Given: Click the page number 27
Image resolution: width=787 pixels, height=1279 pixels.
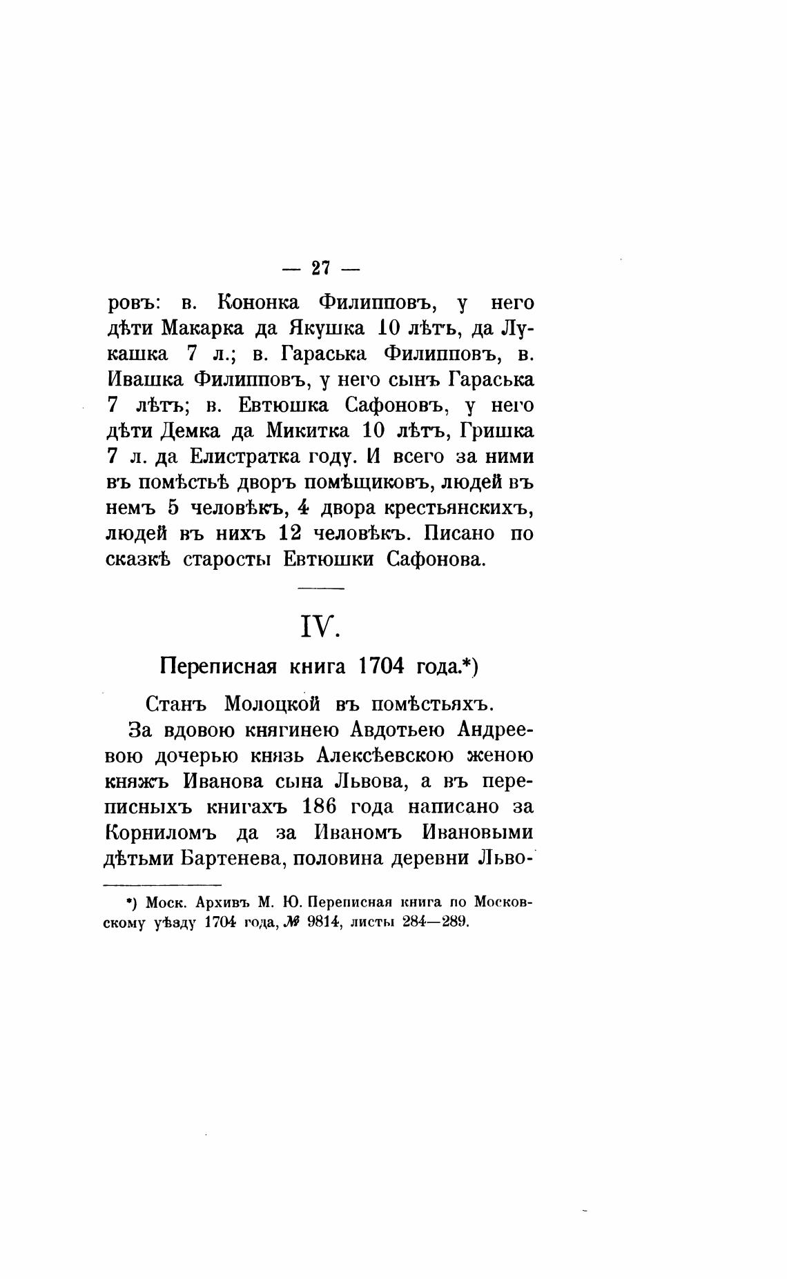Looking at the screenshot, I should coord(322,268).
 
